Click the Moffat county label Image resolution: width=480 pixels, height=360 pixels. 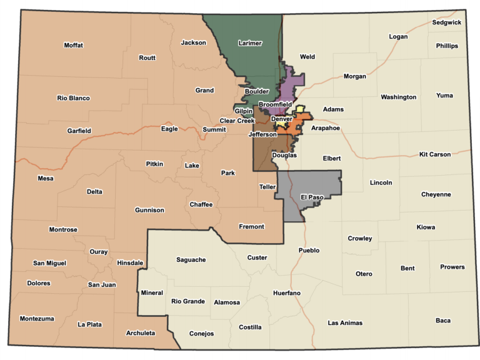tap(73, 45)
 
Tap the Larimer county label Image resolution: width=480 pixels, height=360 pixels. tap(250, 43)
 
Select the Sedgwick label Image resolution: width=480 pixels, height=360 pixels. tap(446, 22)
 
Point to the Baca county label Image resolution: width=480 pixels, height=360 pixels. tap(442, 321)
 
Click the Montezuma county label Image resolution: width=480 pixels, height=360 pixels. tap(37, 319)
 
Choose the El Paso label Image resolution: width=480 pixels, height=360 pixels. tap(312, 197)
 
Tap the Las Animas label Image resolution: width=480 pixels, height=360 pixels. tap(345, 323)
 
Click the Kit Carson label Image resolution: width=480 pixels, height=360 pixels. tap(435, 154)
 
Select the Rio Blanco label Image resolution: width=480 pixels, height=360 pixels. tap(73, 98)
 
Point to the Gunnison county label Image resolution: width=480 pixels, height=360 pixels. tap(149, 210)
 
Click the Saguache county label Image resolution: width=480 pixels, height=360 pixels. tap(191, 259)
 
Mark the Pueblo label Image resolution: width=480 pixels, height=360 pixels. tap(309, 251)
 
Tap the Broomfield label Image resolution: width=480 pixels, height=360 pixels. tap(275, 104)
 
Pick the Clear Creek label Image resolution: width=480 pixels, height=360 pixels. tap(237, 121)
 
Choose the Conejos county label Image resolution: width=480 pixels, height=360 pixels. tap(201, 334)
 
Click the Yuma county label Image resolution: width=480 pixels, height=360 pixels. tap(444, 96)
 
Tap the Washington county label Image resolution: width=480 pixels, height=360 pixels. tap(398, 97)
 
